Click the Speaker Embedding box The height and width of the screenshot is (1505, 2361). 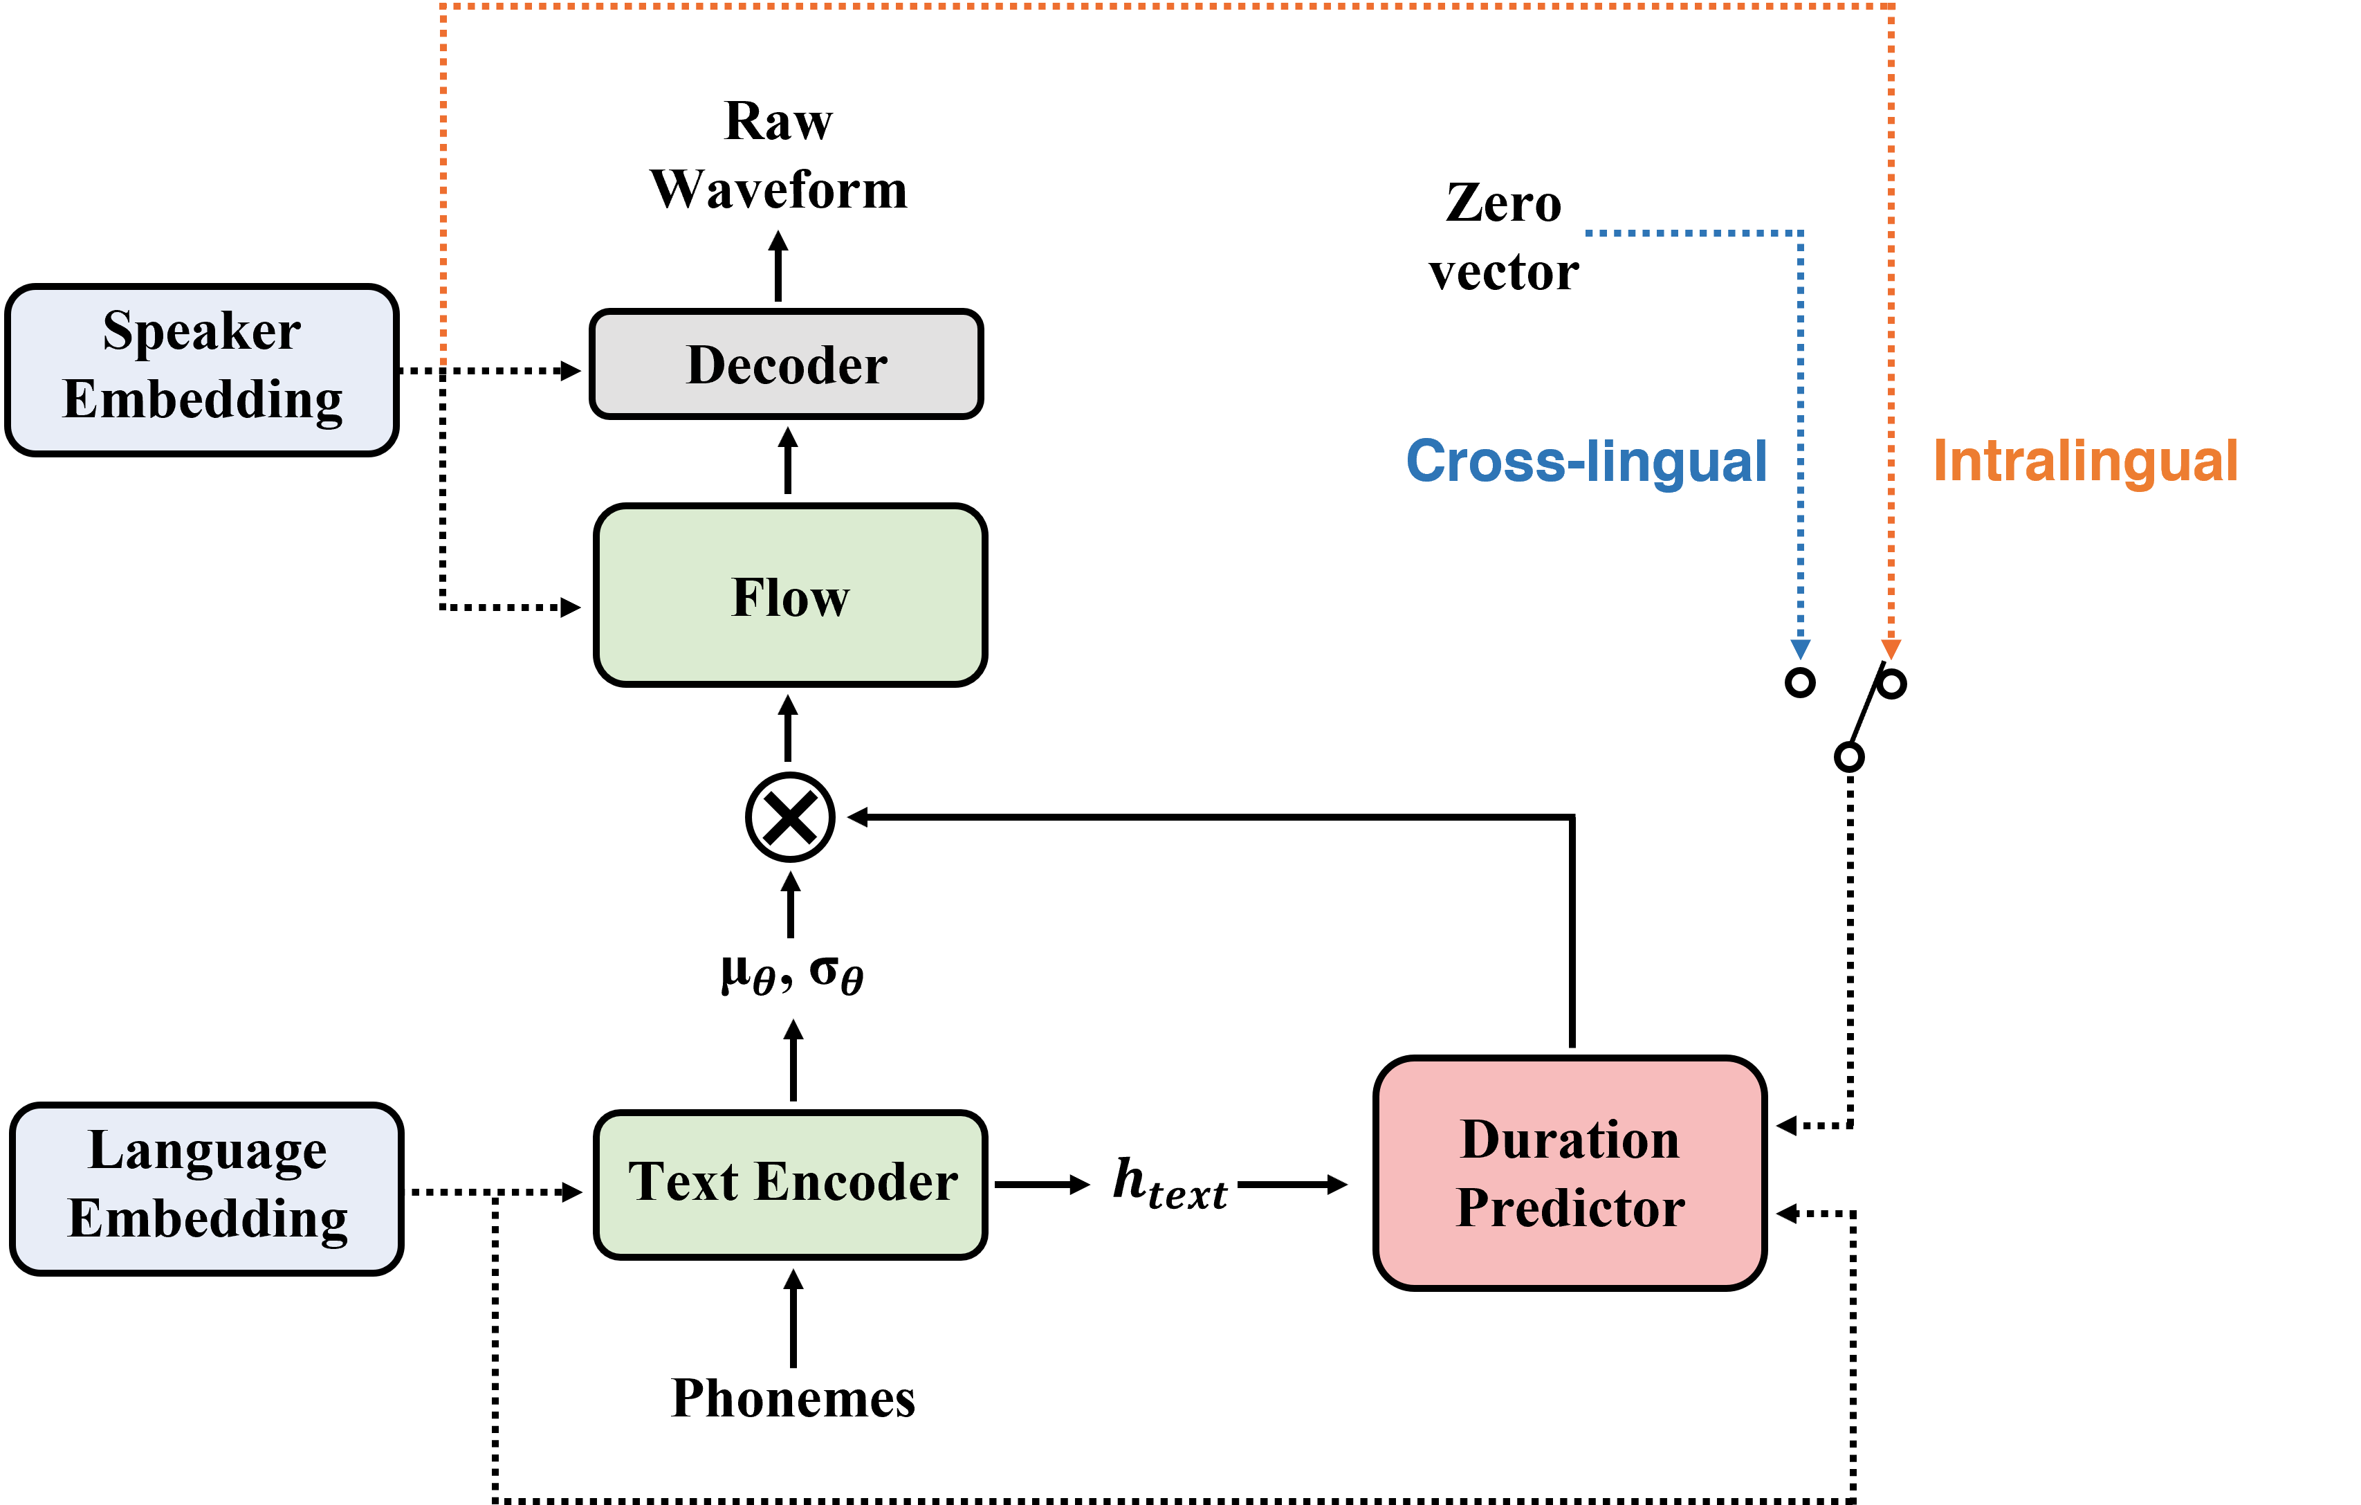pos(201,370)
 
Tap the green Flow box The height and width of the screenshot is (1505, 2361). pos(790,595)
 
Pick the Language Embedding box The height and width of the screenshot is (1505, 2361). pos(206,1188)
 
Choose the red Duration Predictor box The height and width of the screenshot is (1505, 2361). pos(1570,1173)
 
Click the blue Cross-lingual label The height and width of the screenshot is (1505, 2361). pos(1586,461)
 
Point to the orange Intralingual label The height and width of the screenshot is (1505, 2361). pos(2086,461)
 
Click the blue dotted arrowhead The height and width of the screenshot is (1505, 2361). pos(1800,649)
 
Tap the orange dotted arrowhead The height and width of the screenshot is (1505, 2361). pos(1891,649)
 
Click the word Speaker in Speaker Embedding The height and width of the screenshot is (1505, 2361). pos(201,331)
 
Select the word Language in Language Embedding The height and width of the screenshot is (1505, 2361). pos(207,1150)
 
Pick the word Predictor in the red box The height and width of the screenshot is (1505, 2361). pos(1570,1207)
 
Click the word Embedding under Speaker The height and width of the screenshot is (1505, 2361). pos(202,400)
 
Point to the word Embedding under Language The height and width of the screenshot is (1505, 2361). pos(207,1219)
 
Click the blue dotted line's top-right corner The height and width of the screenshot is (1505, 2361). pos(1800,233)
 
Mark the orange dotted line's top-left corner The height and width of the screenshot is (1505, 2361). pos(443,7)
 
